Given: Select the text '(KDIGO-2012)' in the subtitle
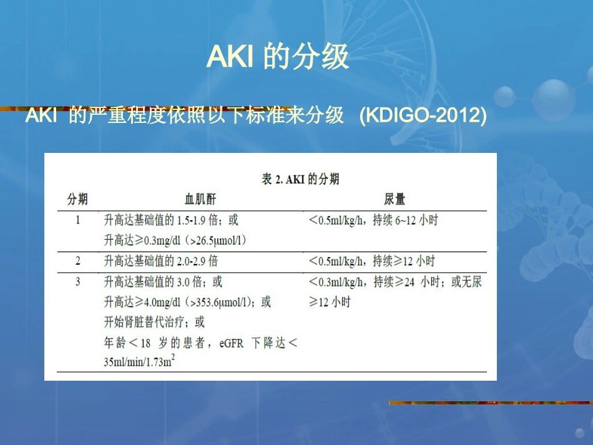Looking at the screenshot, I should tap(423, 116).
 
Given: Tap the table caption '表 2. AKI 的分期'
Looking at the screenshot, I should tap(300, 179).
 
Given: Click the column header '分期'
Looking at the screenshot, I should tap(77, 200).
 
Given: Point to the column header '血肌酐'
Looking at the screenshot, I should tap(200, 200).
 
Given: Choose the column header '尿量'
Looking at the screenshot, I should tap(395, 200).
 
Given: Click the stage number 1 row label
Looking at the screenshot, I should tap(77, 220).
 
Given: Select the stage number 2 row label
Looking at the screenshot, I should tap(77, 260).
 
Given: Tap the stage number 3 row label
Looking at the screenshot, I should tap(77, 282).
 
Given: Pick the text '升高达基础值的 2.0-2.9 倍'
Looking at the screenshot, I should tap(160, 260).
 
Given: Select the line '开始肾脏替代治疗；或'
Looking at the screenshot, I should tap(154, 322).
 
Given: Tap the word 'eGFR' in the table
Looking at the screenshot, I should tap(232, 342).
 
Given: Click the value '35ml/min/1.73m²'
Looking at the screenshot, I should tap(139, 361).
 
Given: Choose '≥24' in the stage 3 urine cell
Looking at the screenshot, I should tap(404, 282).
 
